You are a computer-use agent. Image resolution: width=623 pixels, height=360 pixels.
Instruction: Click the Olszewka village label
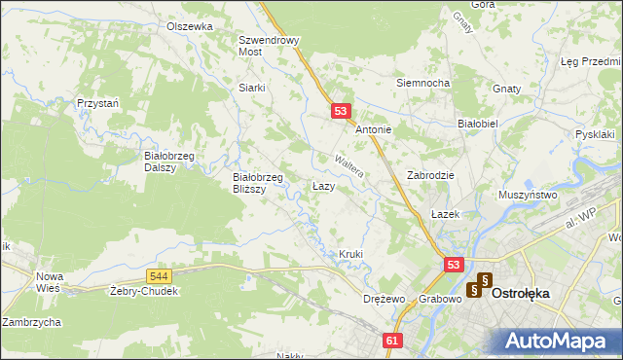coord(189,26)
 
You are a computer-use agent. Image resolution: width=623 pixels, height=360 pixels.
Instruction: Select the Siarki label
coord(252,87)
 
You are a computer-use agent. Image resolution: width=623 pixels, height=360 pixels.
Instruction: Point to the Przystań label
coord(97,102)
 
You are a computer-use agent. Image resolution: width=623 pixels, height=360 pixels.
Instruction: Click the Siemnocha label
coord(421,83)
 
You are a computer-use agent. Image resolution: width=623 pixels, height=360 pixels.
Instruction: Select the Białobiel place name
coord(478,125)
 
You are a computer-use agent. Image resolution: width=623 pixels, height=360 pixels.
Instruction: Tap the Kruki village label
coord(350,254)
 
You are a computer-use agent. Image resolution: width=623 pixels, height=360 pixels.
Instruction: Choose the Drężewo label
coord(383,299)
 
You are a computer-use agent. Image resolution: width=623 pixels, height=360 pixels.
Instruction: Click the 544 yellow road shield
coord(161,277)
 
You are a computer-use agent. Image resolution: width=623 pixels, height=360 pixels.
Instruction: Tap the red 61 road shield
coord(392,341)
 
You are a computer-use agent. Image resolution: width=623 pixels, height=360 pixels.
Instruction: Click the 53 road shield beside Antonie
coord(340,112)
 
